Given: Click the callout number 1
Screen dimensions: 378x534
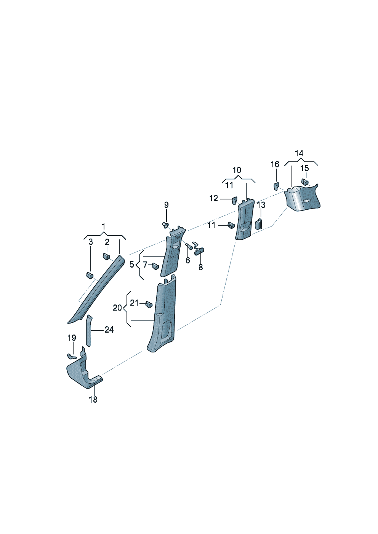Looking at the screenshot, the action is tap(103, 226).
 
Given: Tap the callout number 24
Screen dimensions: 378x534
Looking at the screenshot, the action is tap(109, 330).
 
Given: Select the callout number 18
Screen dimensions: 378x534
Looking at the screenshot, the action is tap(93, 400).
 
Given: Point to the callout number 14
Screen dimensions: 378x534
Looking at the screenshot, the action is tap(299, 153).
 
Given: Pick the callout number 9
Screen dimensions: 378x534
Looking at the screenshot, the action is tap(166, 205).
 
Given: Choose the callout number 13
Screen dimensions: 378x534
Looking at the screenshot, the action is tap(261, 205).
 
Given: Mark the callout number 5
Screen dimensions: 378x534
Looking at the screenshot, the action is tap(132, 265).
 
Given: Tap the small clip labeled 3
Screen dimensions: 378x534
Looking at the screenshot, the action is tap(90, 275).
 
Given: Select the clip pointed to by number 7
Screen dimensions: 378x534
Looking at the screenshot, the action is tap(155, 265).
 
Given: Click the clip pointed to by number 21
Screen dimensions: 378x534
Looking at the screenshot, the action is tap(149, 304).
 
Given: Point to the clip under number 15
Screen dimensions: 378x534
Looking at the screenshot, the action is tap(305, 182).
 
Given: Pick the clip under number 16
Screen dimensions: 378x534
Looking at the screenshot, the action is tap(276, 186).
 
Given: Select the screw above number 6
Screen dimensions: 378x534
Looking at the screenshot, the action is tap(189, 246).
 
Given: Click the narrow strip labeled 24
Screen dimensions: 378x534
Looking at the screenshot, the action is tap(88, 331).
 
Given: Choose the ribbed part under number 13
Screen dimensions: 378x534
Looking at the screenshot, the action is tap(259, 224).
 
